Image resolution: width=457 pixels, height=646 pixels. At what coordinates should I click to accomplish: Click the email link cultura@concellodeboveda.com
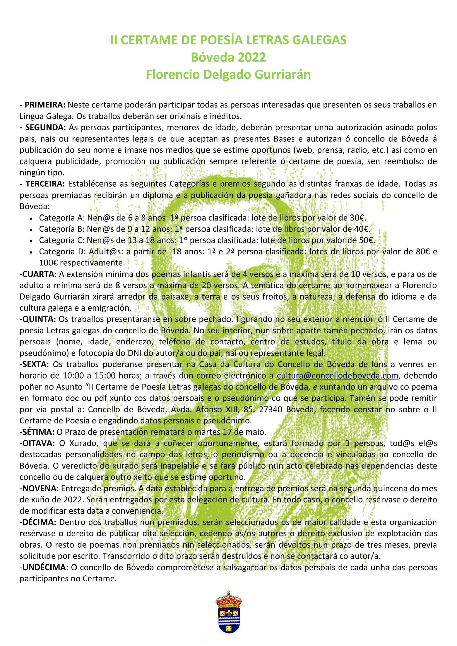[x=338, y=376]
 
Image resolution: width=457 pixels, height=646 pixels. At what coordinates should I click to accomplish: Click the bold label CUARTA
[x=37, y=274]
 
